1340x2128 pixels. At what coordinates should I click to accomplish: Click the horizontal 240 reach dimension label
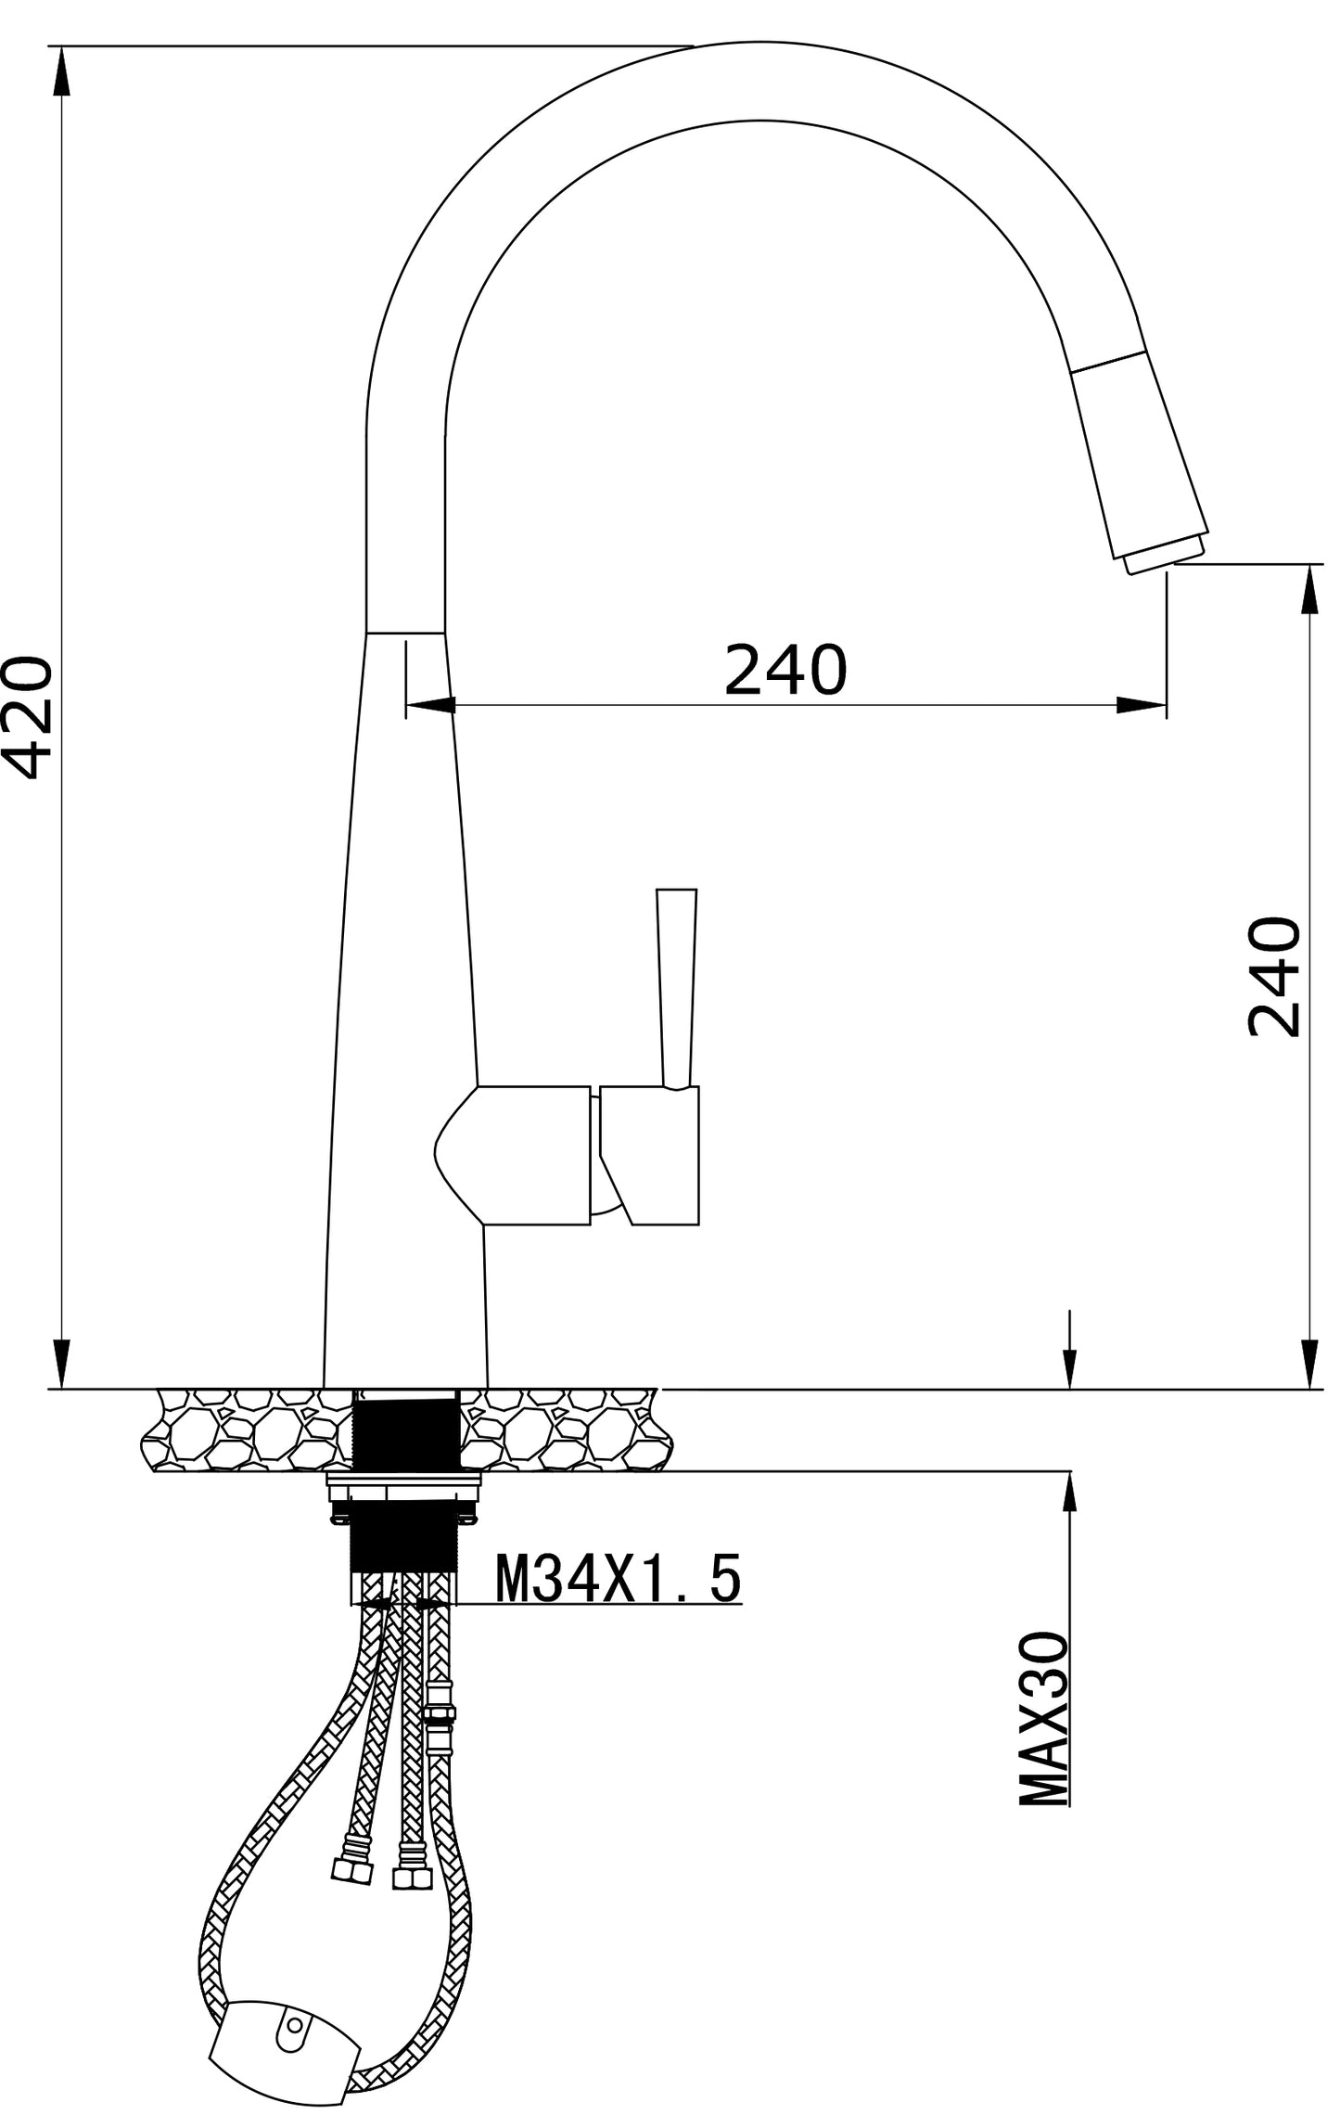[785, 670]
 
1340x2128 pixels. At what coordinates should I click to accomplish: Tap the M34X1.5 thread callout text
[619, 1580]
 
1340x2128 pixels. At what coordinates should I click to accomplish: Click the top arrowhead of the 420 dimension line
[61, 71]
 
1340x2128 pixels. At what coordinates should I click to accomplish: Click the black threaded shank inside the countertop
[407, 1433]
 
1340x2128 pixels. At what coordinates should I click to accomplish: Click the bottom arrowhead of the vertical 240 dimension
[1310, 1365]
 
